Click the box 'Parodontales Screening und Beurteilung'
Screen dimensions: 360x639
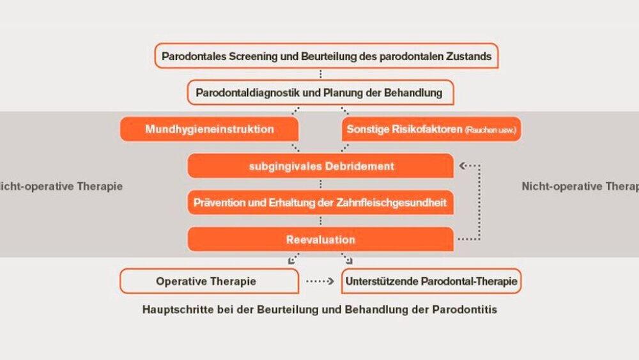click(326, 56)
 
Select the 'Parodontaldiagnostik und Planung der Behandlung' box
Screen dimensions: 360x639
click(319, 93)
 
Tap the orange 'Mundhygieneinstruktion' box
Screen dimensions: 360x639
click(210, 129)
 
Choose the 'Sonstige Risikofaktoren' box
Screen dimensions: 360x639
click(432, 129)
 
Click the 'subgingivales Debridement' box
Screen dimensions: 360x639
click(321, 166)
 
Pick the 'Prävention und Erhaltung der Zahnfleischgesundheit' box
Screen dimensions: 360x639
click(321, 203)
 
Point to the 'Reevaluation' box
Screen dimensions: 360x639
click(321, 240)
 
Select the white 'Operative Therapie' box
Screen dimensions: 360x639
click(209, 281)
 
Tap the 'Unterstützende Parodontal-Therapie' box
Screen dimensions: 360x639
click(432, 281)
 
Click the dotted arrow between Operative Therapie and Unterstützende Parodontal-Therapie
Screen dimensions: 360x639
click(320, 281)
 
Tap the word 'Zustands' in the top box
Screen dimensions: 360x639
click(470, 56)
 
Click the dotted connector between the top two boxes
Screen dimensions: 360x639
click(320, 74)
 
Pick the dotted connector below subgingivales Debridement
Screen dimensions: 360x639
click(320, 184)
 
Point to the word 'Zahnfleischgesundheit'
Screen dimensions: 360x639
click(401, 203)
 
